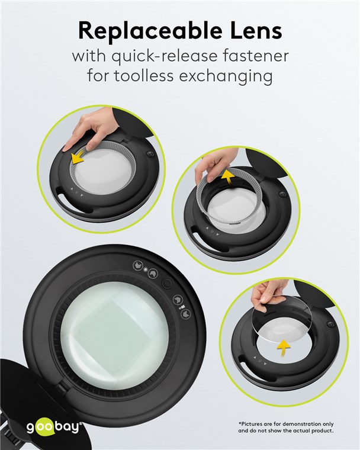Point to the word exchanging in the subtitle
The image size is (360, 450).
point(226,77)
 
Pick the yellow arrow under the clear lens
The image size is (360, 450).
point(284,348)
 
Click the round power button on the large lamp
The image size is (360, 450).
point(167,284)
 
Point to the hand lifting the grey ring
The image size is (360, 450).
point(210,168)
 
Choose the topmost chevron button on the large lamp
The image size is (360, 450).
point(138,265)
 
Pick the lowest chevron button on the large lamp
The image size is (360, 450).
point(187,313)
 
